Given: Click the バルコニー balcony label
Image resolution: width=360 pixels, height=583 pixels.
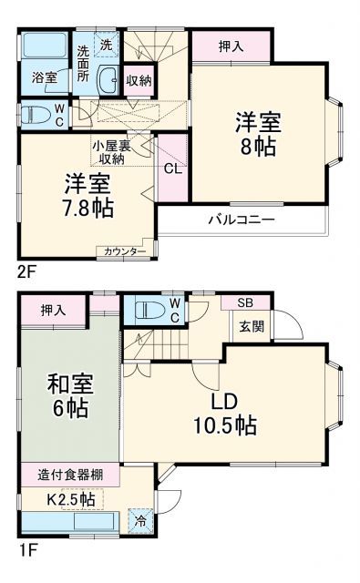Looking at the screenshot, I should (241, 220).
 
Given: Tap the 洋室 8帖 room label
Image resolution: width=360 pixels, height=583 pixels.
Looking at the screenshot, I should (257, 134).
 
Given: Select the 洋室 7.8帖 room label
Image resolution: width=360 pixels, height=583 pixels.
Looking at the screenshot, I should (88, 194).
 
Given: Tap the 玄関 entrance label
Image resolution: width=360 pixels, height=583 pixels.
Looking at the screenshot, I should (251, 326).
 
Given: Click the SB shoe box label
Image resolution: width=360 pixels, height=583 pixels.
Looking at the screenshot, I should (245, 303).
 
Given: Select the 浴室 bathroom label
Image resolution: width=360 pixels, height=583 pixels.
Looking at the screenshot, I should (45, 77).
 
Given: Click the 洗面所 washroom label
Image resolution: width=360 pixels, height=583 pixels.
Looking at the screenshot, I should (84, 64).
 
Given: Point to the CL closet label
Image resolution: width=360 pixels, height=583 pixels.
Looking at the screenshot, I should (171, 169).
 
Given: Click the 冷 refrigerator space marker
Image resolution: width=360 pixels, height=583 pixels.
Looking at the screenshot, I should (140, 521).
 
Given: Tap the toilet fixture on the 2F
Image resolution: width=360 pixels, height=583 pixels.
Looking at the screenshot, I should (36, 115).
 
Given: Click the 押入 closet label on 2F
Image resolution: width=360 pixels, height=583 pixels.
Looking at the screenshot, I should (231, 46).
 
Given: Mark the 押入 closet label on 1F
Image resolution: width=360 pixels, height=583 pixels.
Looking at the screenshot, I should (53, 311).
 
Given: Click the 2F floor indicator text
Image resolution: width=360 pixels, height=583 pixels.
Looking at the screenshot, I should (27, 271).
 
